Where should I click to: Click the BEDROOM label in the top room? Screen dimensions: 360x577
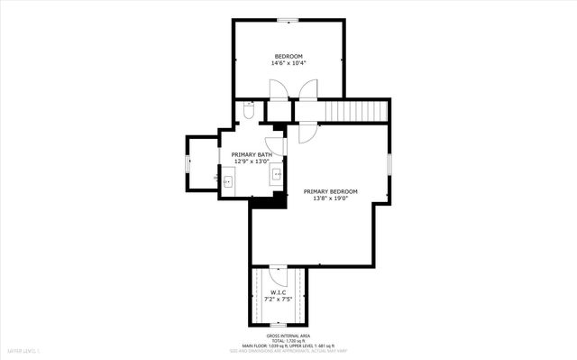point(288,56)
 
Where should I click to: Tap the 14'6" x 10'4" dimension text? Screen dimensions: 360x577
point(288,63)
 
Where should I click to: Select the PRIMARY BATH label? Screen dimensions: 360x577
point(252,154)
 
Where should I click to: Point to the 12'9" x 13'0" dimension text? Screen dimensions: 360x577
point(252,162)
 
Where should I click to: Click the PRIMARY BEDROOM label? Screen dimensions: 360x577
point(330,191)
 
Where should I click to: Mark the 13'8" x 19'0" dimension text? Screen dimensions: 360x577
point(330,198)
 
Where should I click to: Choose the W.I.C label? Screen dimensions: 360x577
point(278,291)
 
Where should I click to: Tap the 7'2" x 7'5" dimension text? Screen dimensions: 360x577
point(278,299)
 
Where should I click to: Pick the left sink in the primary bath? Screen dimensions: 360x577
point(227,180)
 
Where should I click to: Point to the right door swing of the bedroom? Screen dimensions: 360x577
point(307,90)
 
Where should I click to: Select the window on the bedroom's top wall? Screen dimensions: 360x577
point(288,20)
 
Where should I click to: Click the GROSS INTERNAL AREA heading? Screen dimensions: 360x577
point(288,334)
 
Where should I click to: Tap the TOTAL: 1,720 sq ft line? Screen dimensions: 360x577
point(288,339)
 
